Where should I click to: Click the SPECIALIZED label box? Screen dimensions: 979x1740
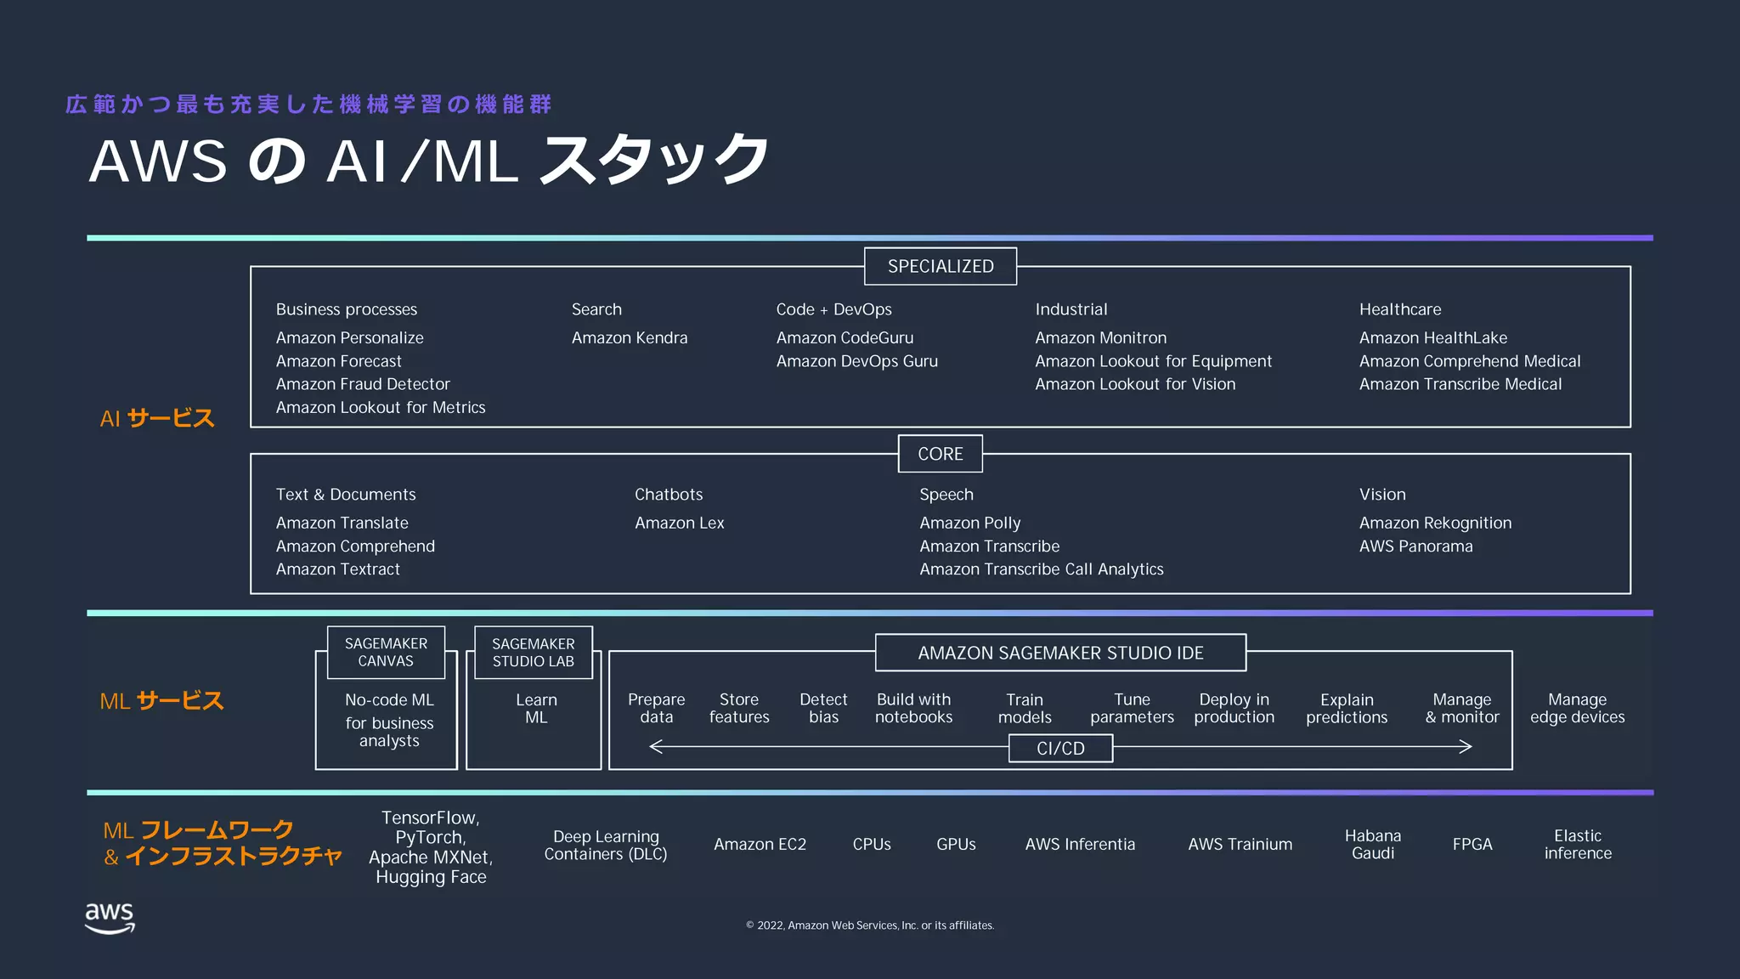(x=940, y=266)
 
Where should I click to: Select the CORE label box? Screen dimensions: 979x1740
(x=940, y=454)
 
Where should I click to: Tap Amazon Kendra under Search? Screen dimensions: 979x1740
(x=629, y=337)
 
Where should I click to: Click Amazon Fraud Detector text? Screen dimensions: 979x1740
(x=363, y=384)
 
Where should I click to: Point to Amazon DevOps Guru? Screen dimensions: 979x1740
(x=856, y=361)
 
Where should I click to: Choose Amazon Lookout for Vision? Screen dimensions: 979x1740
(x=1134, y=384)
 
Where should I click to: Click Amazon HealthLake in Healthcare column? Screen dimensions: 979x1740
(x=1432, y=337)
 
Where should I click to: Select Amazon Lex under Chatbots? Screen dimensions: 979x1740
(x=679, y=523)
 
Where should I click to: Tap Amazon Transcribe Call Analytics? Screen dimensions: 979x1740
(x=1041, y=569)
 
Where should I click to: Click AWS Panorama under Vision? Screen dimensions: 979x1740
(x=1415, y=546)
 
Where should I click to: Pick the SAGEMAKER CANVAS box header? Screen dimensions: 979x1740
(x=386, y=653)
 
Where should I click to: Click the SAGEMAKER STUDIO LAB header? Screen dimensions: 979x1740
(x=533, y=653)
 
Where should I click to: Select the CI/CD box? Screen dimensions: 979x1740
(x=1060, y=749)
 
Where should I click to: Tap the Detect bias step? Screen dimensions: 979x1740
(x=822, y=708)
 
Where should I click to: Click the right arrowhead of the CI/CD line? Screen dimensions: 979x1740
(x=1466, y=747)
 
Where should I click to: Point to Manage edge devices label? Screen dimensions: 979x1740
(x=1577, y=708)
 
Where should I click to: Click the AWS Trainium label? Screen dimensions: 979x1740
(x=1240, y=844)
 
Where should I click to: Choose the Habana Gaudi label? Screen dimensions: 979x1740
(x=1372, y=844)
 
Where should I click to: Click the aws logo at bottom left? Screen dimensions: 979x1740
(x=110, y=918)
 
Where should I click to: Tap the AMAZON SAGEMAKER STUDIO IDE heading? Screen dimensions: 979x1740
(x=1060, y=653)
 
